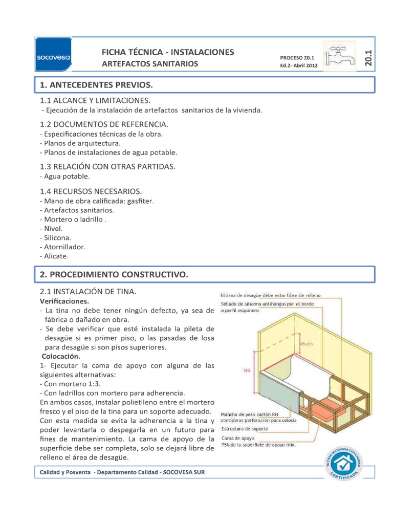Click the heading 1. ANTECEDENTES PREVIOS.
(x=96, y=84)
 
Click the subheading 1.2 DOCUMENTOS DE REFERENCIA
(x=104, y=124)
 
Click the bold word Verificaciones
(x=64, y=301)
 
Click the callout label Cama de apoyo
(x=237, y=439)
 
